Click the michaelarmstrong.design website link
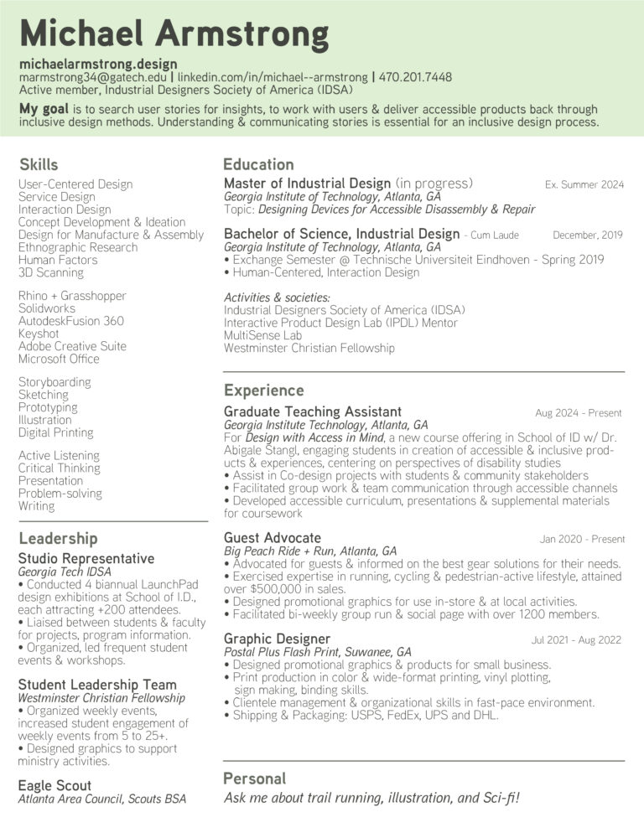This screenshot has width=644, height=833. click(x=98, y=64)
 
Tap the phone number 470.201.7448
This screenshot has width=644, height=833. click(x=415, y=77)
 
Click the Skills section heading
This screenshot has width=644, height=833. click(x=39, y=163)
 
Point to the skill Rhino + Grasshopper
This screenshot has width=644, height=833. click(x=72, y=296)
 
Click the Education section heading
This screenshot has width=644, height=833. click(x=258, y=164)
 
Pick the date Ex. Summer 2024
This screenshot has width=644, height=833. click(x=584, y=184)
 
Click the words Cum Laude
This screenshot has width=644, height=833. click(x=494, y=235)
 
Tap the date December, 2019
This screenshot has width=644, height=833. click(x=588, y=235)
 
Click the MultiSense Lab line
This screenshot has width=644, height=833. click(x=262, y=335)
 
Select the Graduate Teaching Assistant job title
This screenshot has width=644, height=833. click(x=313, y=411)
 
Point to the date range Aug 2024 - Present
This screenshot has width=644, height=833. click(x=579, y=413)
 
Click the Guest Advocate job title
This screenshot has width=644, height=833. click(x=273, y=538)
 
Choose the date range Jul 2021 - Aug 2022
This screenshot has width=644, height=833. click(x=576, y=640)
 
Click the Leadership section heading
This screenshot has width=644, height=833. click(x=58, y=539)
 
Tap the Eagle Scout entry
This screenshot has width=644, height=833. click(x=55, y=785)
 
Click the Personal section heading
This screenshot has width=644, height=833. click(x=254, y=779)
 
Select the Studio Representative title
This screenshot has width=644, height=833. click(x=86, y=558)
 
